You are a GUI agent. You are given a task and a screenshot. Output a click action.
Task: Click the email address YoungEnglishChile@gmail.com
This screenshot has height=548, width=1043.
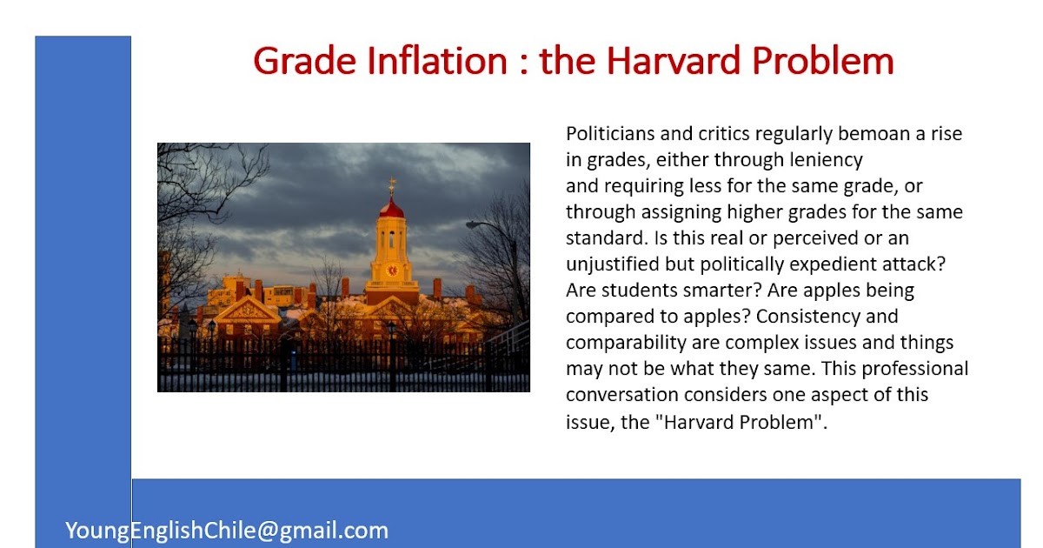(x=227, y=530)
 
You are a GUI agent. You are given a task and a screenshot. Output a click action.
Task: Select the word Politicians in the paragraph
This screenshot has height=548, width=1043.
(x=609, y=134)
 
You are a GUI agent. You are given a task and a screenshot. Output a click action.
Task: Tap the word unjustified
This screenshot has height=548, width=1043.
(x=612, y=264)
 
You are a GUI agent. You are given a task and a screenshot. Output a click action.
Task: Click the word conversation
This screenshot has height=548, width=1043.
(x=622, y=395)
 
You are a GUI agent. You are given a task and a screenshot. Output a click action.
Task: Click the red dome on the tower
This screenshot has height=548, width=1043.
(x=392, y=209)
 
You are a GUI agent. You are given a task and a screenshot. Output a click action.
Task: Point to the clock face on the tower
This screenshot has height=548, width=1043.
(x=392, y=270)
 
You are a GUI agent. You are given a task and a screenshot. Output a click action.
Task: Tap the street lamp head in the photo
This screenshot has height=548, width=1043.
(x=470, y=224)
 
